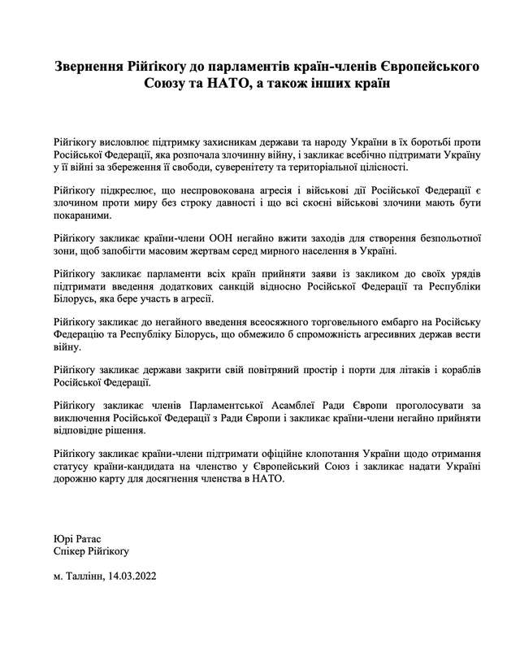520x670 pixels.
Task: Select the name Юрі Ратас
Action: [x=78, y=538]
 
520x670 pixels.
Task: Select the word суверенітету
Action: [x=266, y=167]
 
